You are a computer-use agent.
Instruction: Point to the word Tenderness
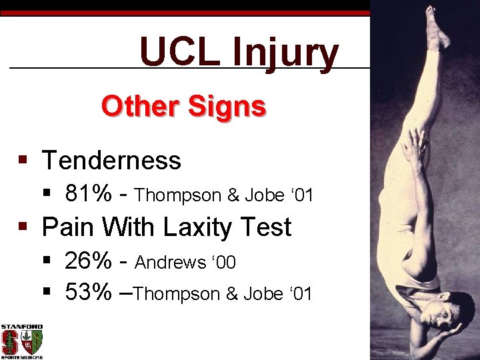pos(111,161)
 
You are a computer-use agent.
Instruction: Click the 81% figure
pos(89,194)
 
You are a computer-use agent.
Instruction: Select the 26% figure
pos(89,261)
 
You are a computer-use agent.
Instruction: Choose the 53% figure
pos(89,293)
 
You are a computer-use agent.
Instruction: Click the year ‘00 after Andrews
pos(223,263)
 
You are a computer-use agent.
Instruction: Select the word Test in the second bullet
pos(266,227)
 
